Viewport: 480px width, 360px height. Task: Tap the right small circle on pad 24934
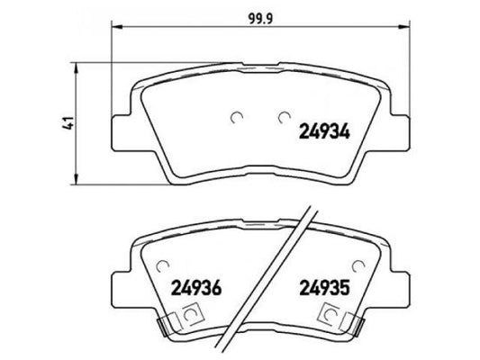coord(283,116)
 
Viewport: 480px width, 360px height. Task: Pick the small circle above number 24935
coord(361,266)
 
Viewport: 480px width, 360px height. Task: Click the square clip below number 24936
coord(192,318)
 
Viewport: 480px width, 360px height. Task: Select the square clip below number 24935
coord(331,318)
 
